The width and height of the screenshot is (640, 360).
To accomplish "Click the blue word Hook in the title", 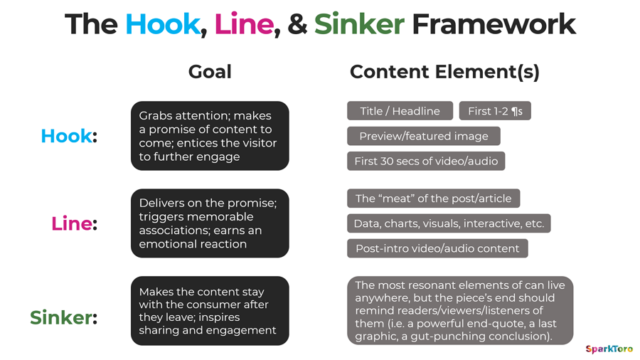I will tap(162, 25).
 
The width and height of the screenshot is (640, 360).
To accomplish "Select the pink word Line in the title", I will tap(243, 25).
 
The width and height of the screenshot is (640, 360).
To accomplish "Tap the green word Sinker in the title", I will tap(359, 25).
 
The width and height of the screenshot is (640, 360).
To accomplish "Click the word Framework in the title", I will tap(494, 25).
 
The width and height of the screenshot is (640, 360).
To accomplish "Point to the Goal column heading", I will tap(210, 72).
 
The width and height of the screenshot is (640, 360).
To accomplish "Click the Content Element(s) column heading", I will tap(444, 72).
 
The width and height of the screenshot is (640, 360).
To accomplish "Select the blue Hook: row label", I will tap(68, 136).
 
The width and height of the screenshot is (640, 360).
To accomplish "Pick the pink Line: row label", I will tap(74, 223).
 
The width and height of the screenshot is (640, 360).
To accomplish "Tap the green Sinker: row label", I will tap(63, 317).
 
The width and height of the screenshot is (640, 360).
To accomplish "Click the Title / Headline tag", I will tap(400, 111).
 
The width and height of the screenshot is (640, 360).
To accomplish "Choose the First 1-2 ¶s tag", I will tap(495, 111).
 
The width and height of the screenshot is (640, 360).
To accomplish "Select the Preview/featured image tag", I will tap(423, 136).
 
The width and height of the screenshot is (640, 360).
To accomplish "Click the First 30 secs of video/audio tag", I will tap(426, 161).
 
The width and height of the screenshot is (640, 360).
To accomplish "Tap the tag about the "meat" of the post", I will tap(434, 198).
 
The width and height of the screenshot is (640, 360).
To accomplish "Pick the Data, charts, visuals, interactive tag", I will tap(449, 223).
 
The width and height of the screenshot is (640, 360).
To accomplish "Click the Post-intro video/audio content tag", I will tap(437, 248).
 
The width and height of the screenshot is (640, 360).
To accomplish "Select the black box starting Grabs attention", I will tap(210, 136).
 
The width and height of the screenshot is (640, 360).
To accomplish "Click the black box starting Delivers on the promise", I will tap(210, 223).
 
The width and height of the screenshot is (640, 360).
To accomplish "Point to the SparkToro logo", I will tap(609, 349).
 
